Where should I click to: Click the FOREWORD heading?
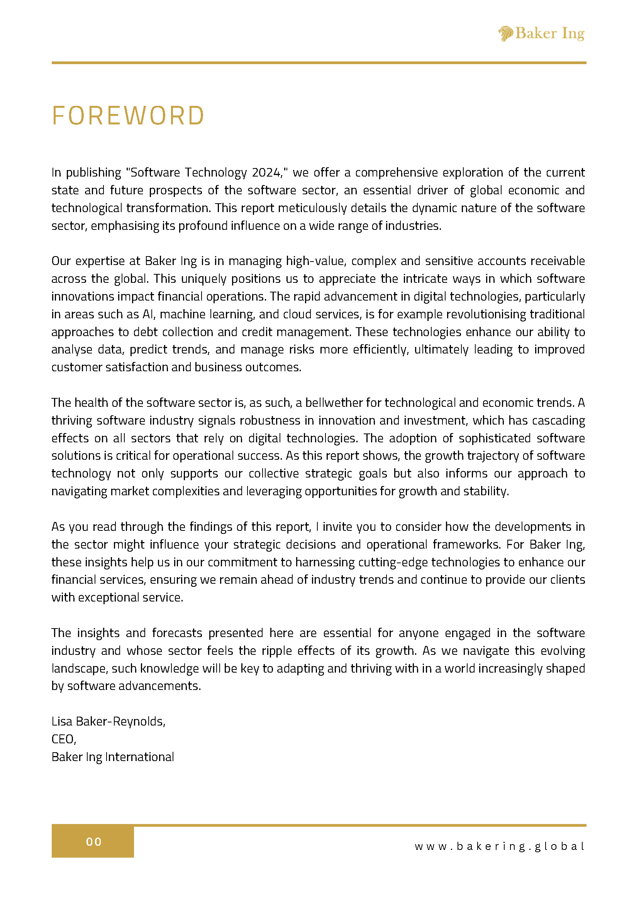point(128,116)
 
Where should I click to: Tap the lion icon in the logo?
point(505,34)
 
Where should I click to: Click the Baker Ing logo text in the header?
point(550,34)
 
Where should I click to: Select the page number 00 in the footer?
point(94,841)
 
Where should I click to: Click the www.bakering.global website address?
point(500,846)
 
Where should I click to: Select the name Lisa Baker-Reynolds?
point(108,721)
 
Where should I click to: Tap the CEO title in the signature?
point(63,739)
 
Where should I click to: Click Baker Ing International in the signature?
point(112,757)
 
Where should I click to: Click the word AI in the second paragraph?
point(148,314)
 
